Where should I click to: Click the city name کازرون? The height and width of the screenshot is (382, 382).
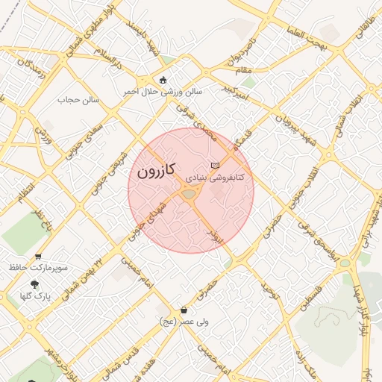click(x=156, y=171)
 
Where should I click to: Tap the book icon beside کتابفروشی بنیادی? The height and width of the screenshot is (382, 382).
click(x=216, y=165)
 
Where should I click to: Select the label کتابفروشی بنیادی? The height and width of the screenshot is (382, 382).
click(x=215, y=179)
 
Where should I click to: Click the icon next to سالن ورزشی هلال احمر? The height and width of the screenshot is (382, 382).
click(x=163, y=80)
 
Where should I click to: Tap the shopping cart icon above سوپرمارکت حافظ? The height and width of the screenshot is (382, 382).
click(x=34, y=254)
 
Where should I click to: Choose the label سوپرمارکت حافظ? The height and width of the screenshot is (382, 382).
click(x=39, y=266)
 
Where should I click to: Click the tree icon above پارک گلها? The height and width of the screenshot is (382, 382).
click(x=34, y=284)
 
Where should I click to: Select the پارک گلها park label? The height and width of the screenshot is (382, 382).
click(x=35, y=296)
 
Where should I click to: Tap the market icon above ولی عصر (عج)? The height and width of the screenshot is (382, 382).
click(x=184, y=310)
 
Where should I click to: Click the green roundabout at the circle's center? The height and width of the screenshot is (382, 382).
click(x=189, y=195)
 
